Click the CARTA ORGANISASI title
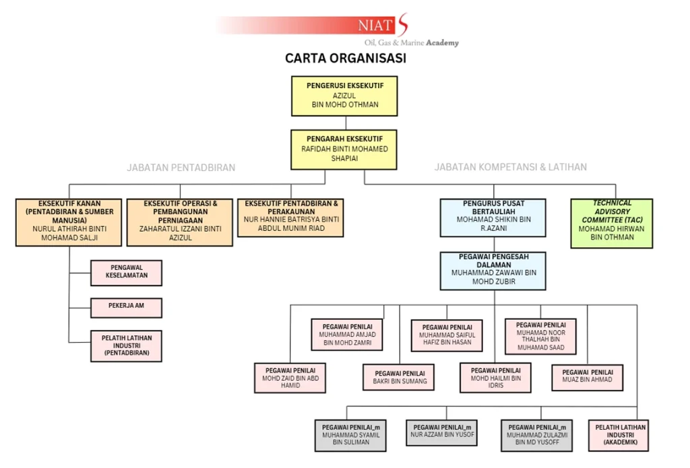click(x=345, y=59)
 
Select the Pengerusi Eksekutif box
click(x=344, y=96)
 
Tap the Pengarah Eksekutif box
click(x=344, y=149)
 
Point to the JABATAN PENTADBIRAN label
click(x=181, y=168)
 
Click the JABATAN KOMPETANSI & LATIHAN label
click(x=510, y=167)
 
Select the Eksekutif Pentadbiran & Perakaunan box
click(x=290, y=217)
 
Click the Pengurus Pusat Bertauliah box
click(x=493, y=218)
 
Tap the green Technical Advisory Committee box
click(x=612, y=223)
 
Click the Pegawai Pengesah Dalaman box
click(x=493, y=271)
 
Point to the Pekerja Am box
click(x=127, y=308)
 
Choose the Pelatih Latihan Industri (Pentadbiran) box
click(x=127, y=345)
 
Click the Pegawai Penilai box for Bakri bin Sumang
click(x=399, y=377)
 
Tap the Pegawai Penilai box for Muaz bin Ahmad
click(x=587, y=377)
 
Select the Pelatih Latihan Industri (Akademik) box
click(x=620, y=436)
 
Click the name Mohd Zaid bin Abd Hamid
click(x=290, y=382)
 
